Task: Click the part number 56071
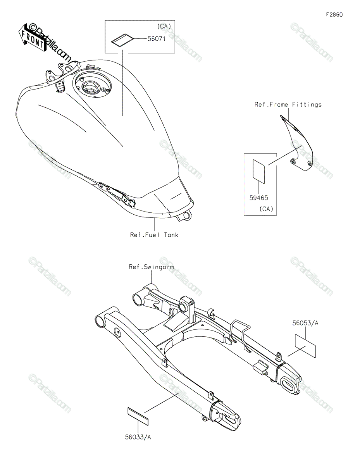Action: [157, 39]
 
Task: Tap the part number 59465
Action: [258, 198]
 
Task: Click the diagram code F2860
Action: [334, 15]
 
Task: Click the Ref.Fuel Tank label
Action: [154, 235]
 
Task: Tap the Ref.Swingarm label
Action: [151, 267]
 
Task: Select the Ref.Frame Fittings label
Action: [288, 104]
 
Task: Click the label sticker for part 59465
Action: [259, 171]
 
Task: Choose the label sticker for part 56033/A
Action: [138, 416]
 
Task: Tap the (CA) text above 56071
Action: [164, 26]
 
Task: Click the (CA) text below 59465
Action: [266, 208]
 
